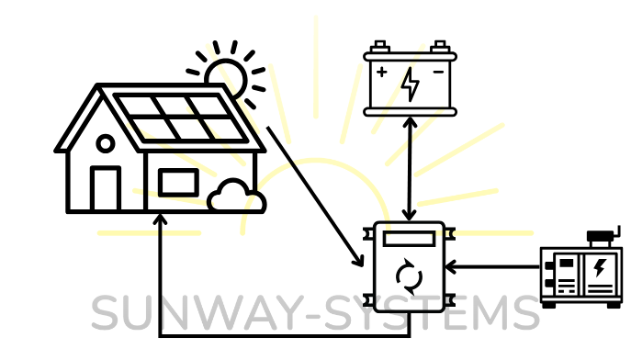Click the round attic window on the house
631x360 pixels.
(106, 143)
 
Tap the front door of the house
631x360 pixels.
(106, 188)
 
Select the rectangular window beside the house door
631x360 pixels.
(178, 183)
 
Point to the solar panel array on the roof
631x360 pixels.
(180, 118)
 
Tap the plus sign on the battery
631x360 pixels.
(381, 72)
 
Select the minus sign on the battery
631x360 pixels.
(438, 72)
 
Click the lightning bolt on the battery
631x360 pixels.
(410, 84)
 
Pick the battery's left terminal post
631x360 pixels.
(380, 46)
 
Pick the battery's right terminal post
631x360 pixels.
(440, 46)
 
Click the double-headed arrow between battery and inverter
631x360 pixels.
(410, 169)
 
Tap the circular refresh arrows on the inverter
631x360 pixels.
(410, 276)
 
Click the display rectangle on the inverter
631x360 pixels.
(410, 239)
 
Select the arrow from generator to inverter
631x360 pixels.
(493, 266)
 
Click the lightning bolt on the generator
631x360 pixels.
(600, 267)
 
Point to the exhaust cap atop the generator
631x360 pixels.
(603, 236)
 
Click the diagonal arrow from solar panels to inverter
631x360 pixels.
(316, 197)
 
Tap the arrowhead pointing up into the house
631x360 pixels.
(160, 219)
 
